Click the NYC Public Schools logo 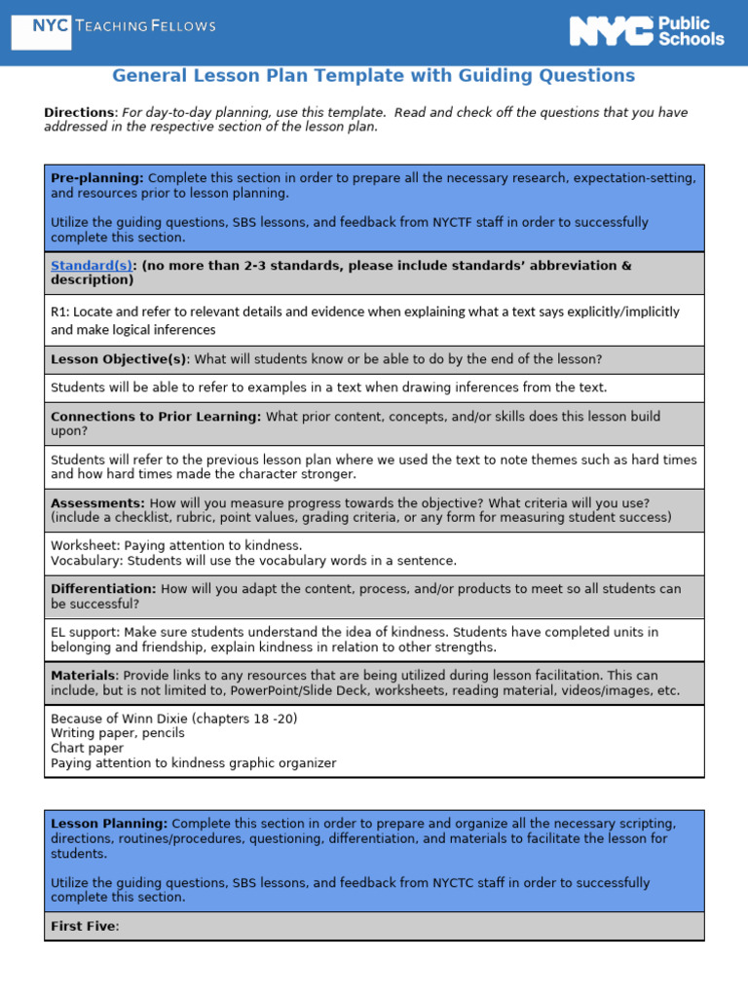tap(647, 31)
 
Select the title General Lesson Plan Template tap(373, 76)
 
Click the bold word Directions tap(80, 113)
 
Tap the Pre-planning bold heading tap(96, 178)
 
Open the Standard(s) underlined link tap(91, 266)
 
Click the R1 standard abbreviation tap(59, 313)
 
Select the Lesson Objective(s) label tap(118, 359)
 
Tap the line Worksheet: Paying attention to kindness tap(176, 546)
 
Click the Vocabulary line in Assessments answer tap(253, 561)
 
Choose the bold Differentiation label tap(103, 589)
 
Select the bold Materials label tap(84, 676)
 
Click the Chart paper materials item tap(87, 749)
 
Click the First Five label tap(83, 927)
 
